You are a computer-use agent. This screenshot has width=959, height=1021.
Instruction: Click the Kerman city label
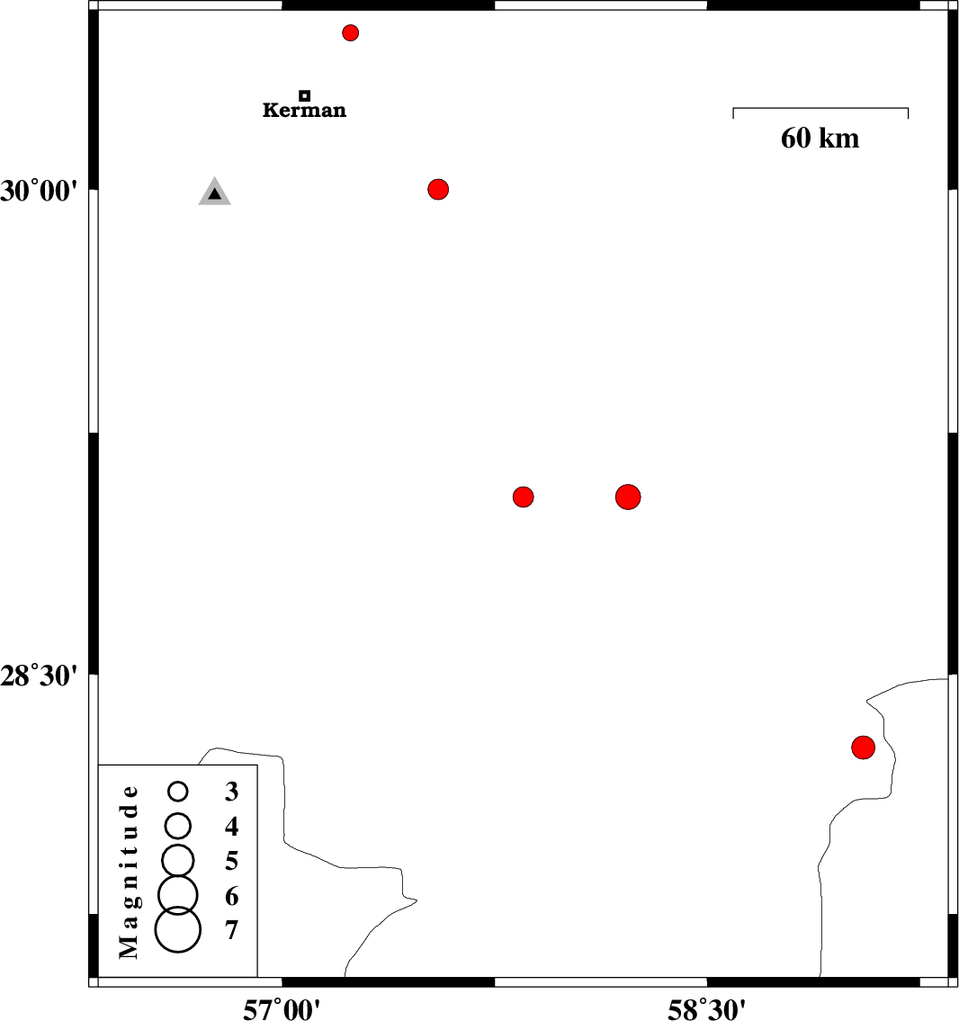[304, 110]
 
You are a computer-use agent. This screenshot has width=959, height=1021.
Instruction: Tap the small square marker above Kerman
[305, 95]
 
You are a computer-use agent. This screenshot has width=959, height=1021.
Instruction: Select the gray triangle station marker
[215, 192]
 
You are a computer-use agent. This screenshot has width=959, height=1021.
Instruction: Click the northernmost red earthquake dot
[350, 32]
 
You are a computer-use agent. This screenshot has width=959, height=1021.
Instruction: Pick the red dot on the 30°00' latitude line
[438, 190]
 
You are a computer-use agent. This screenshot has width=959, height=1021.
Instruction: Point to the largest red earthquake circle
[628, 497]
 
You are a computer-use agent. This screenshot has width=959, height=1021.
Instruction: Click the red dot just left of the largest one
[523, 497]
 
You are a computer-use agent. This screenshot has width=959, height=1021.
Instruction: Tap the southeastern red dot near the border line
[863, 748]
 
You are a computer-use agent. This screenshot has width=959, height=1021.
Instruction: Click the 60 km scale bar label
[820, 138]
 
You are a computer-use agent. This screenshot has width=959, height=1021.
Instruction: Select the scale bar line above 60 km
[820, 108]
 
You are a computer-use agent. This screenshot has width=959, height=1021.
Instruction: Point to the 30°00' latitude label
[39, 192]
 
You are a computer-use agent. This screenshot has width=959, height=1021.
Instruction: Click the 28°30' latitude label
[39, 676]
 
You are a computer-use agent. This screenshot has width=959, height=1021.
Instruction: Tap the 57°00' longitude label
[282, 1009]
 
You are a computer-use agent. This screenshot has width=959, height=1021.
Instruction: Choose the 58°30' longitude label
[706, 1009]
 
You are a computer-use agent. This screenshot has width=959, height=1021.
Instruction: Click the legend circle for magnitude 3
[178, 791]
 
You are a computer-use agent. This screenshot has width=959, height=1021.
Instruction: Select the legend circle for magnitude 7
[178, 930]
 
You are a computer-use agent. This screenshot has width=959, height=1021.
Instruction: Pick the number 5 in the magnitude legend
[232, 861]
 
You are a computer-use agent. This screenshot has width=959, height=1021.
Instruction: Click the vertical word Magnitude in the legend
[129, 873]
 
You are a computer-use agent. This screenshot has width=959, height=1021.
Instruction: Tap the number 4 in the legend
[232, 827]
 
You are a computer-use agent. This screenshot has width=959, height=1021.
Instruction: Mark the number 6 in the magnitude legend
[232, 896]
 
